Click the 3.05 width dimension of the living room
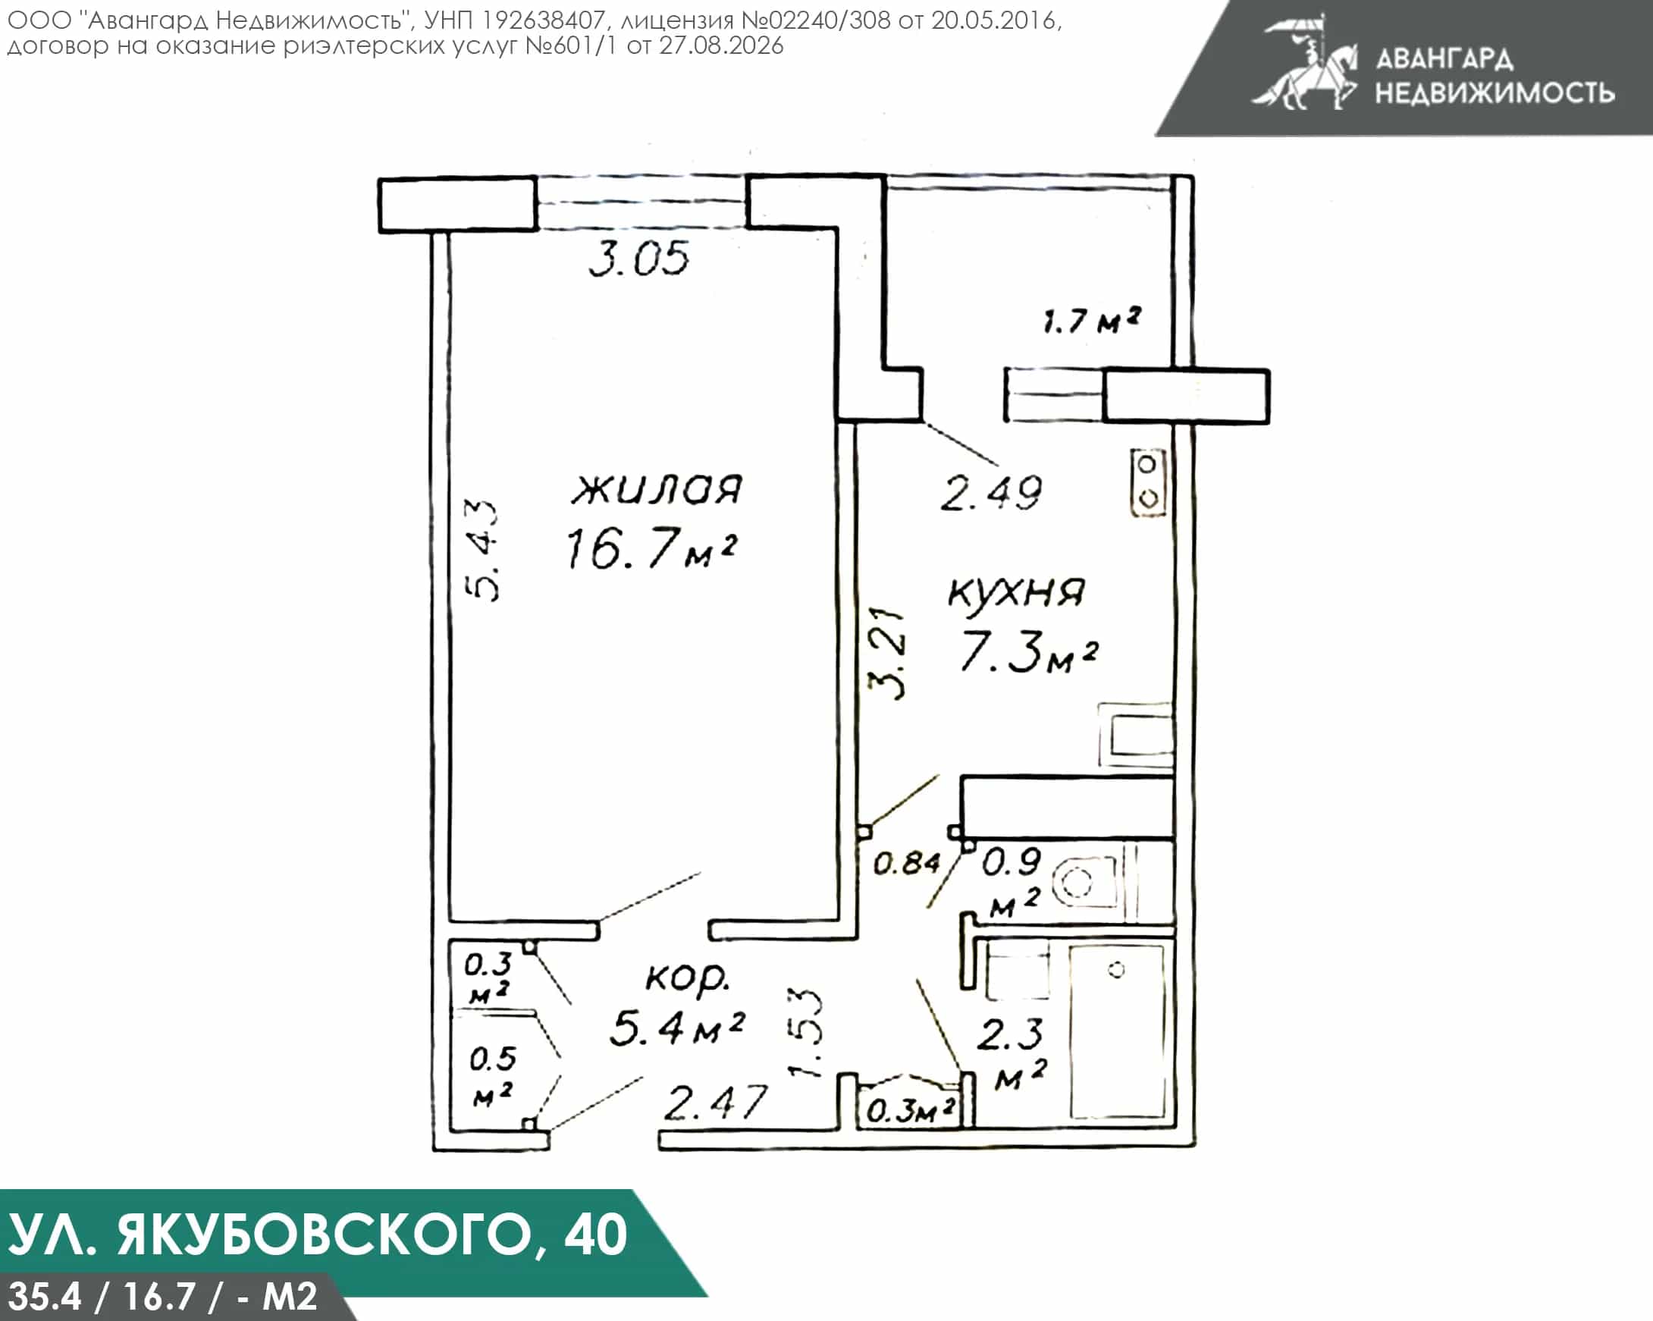(x=638, y=259)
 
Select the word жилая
(x=657, y=489)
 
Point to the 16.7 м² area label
(x=651, y=548)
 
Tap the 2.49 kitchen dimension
(x=990, y=493)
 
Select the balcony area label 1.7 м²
(x=1092, y=320)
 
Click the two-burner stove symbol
(x=1148, y=482)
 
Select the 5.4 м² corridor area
(x=676, y=1028)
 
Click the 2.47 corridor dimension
(x=715, y=1103)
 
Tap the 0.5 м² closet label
(x=491, y=1076)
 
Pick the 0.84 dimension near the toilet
(x=906, y=864)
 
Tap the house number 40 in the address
(x=596, y=1234)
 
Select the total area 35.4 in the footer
(x=45, y=1297)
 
